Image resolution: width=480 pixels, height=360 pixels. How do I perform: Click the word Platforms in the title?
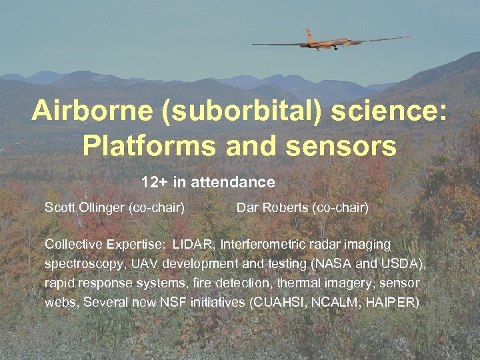144,145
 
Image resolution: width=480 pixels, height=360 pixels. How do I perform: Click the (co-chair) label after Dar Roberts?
339,207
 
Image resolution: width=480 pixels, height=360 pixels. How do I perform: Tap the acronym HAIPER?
394,303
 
